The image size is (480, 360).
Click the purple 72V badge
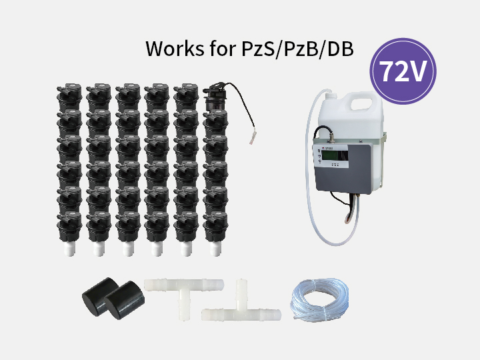click(x=403, y=71)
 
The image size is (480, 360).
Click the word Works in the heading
click(x=175, y=49)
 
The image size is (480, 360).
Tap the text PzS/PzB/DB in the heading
click(x=297, y=49)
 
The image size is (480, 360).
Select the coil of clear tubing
click(x=320, y=299)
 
